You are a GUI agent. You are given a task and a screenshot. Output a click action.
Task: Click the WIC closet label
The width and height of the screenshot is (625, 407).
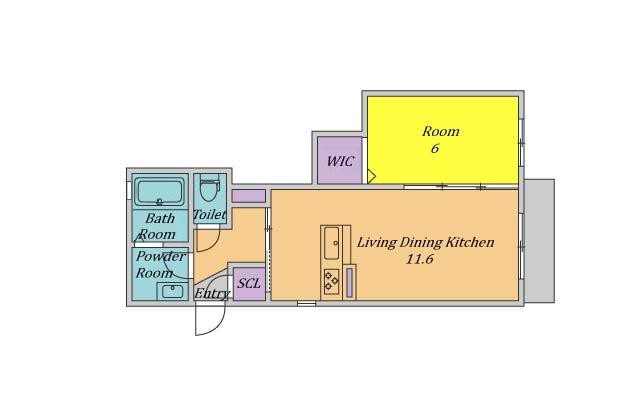tap(340, 161)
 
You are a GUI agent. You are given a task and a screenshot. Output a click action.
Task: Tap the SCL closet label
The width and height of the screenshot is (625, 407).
tap(249, 283)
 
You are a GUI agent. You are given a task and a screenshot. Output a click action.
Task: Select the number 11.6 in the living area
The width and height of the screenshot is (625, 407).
tap(420, 260)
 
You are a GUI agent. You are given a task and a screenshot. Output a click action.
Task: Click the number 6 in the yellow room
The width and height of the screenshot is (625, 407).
tap(435, 149)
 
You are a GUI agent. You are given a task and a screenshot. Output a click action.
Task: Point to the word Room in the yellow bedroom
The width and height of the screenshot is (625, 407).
tap(441, 131)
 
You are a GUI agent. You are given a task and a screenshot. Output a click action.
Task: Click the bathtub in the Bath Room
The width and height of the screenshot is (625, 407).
tap(159, 191)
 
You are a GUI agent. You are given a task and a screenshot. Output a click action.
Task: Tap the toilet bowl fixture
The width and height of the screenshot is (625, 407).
tap(210, 189)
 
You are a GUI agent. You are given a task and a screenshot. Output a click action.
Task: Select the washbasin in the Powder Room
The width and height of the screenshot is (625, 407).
tap(172, 291)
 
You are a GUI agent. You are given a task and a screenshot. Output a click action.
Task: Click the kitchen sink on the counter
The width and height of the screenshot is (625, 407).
tap(331, 243)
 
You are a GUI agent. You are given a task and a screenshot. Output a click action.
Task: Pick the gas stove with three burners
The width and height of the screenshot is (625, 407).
tap(331, 281)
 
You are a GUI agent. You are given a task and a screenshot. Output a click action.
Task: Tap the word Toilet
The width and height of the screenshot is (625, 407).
tap(210, 214)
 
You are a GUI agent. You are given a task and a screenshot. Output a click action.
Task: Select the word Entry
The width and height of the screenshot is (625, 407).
tap(212, 293)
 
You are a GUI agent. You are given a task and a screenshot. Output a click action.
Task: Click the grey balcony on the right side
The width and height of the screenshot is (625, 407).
tap(539, 241)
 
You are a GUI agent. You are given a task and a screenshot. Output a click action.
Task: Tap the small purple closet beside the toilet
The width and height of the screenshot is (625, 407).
tap(249, 196)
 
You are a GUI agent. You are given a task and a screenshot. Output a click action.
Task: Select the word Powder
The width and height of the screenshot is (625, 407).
tap(161, 256)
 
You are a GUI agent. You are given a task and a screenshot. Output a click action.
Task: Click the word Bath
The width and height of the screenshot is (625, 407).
tap(160, 218)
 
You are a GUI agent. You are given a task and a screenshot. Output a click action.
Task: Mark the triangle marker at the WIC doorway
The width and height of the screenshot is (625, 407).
tap(371, 176)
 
